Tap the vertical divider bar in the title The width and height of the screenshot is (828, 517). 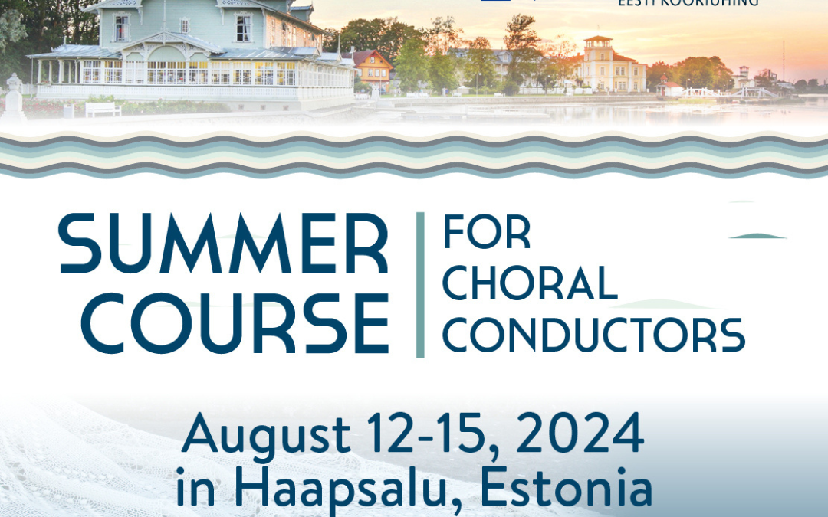[419, 285]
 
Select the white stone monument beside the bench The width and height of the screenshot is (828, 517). [14, 98]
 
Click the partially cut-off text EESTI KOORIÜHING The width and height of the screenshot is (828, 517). [688, 3]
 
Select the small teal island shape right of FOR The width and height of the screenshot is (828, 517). [757, 236]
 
